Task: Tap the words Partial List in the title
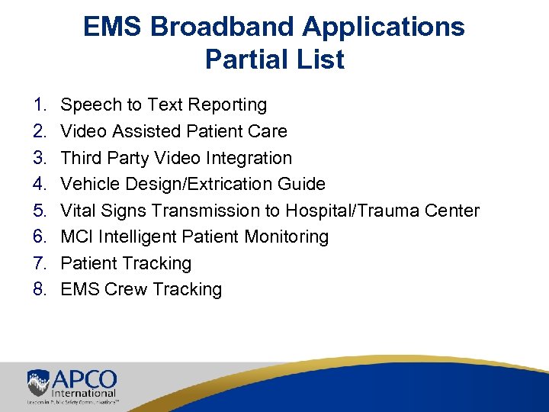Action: [274, 60]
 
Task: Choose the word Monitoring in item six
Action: [287, 237]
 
